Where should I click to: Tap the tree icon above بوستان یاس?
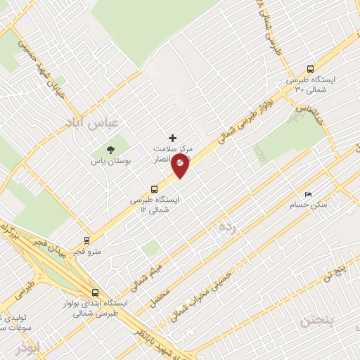coord(110,149)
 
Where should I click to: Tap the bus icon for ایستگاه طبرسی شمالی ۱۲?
coord(154,188)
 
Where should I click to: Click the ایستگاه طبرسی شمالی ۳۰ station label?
coord(313,85)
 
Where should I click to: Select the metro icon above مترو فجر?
coord(86,240)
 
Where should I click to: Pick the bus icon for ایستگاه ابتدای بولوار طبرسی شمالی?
coord(95,292)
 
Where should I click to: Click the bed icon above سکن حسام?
coord(307,194)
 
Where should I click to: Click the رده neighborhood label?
coord(226,226)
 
